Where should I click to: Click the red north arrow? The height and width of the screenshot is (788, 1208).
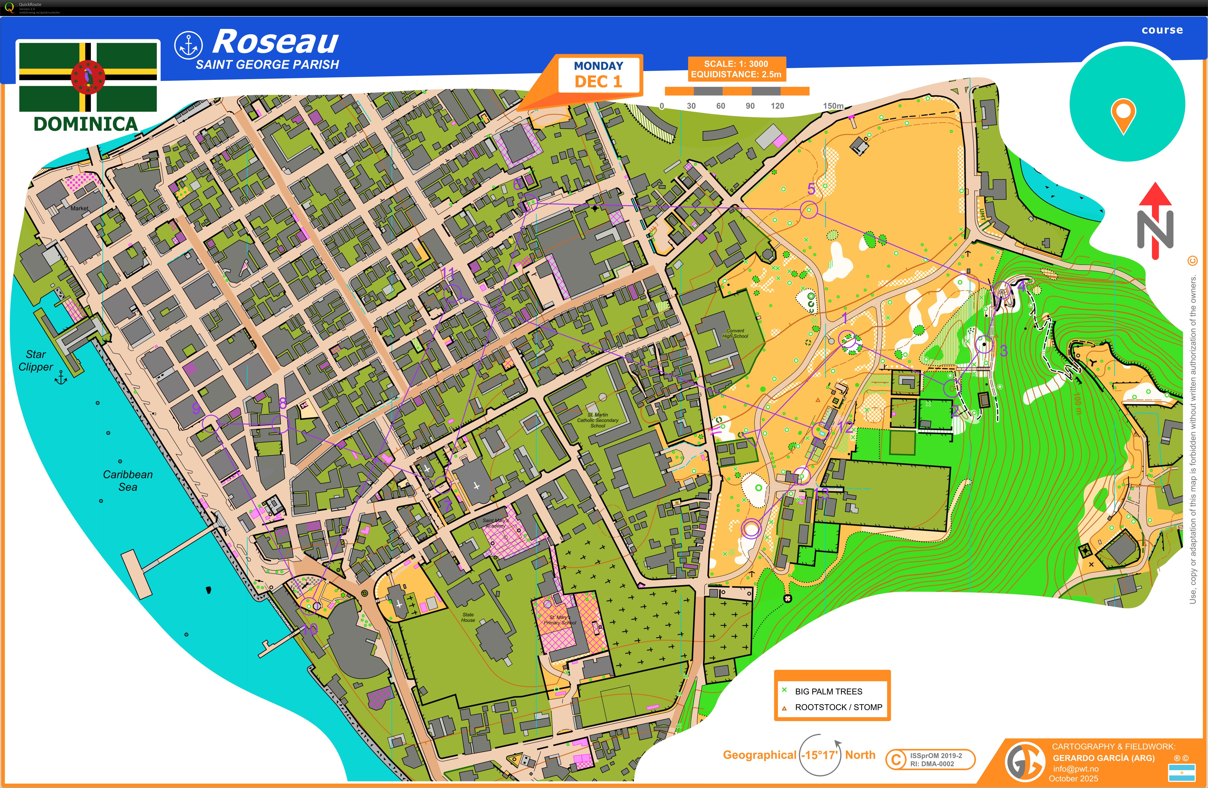pyautogui.click(x=1155, y=221)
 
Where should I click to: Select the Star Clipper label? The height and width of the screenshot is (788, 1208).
pyautogui.click(x=35, y=360)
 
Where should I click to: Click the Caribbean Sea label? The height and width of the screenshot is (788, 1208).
pyautogui.click(x=128, y=480)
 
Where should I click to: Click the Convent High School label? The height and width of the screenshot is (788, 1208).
pyautogui.click(x=735, y=333)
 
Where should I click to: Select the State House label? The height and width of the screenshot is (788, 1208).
pyautogui.click(x=468, y=617)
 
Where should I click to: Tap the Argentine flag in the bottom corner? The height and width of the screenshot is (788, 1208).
pyautogui.click(x=1182, y=772)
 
